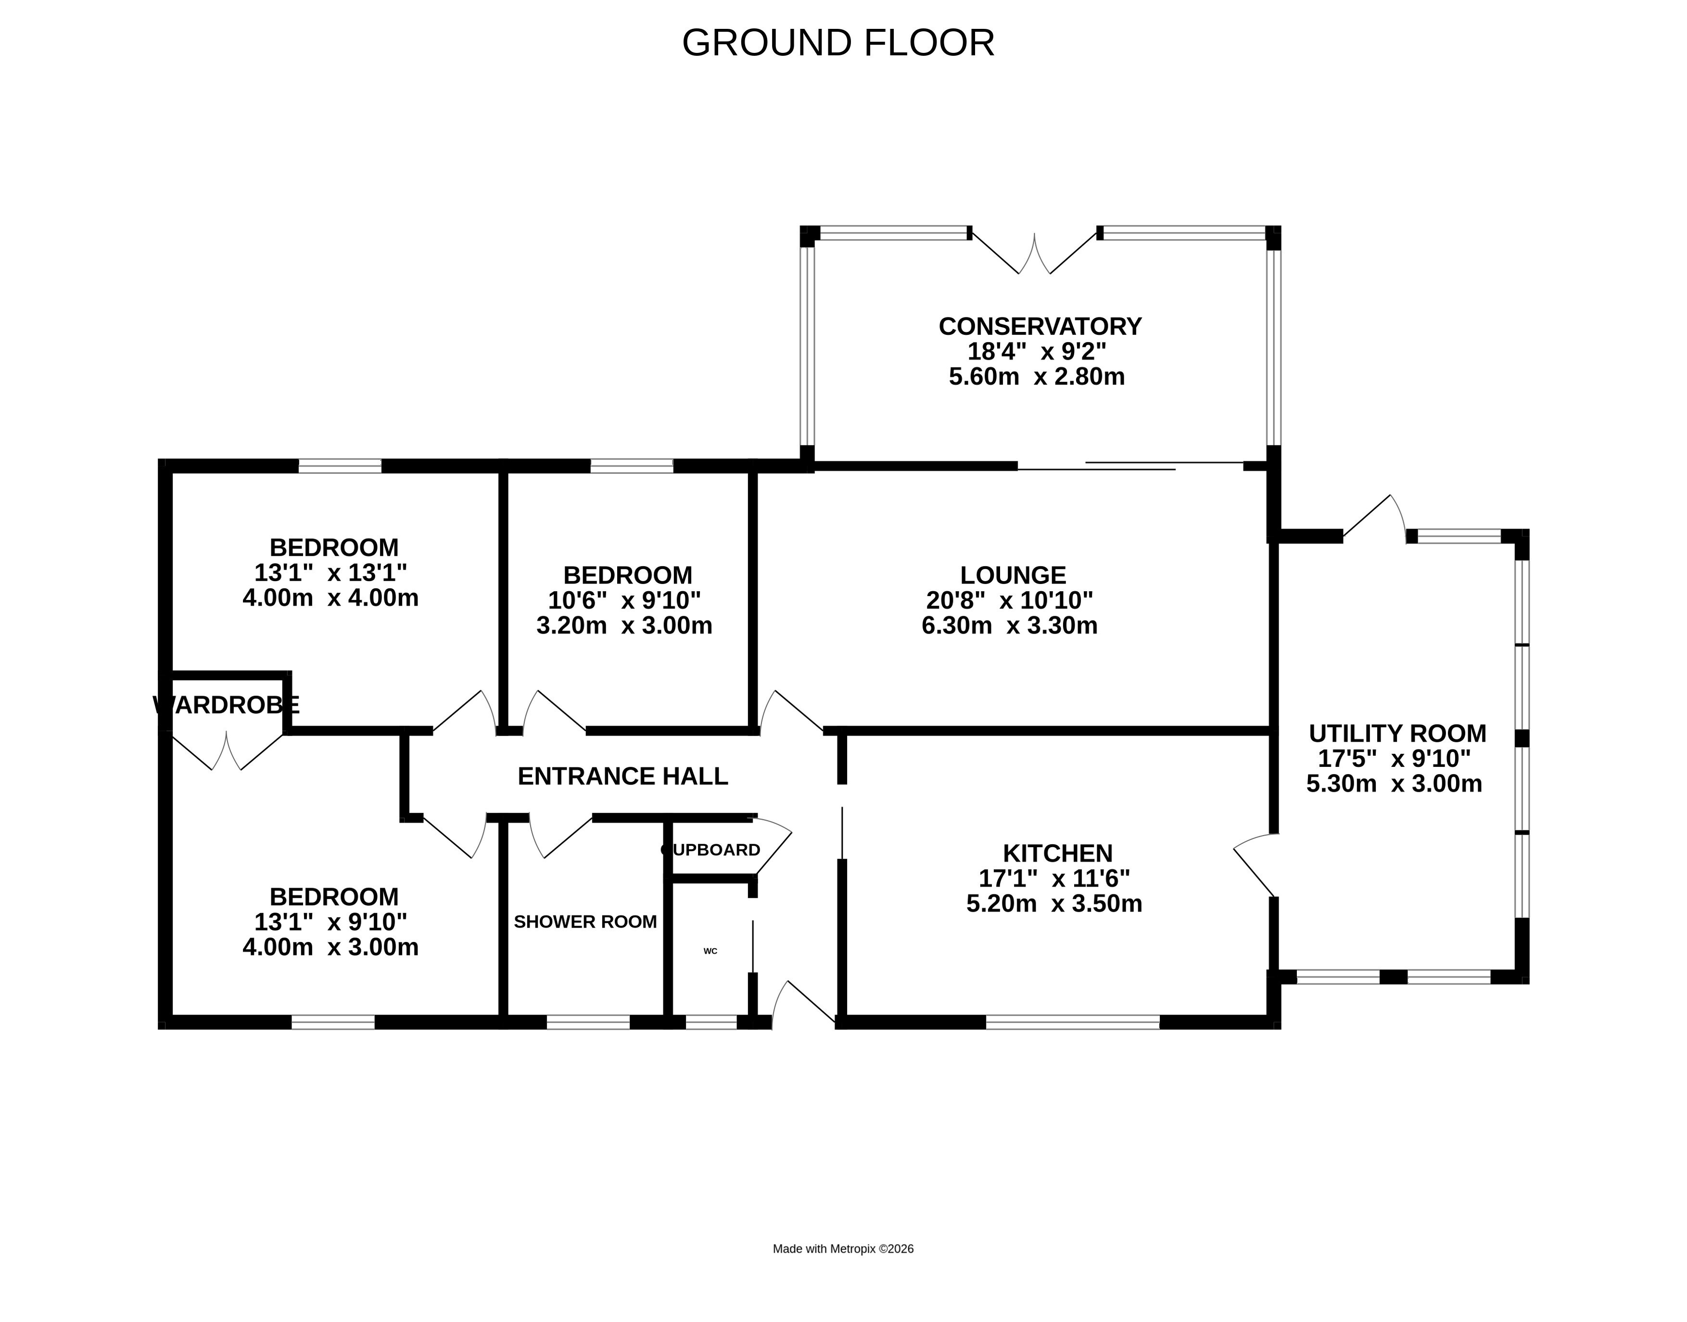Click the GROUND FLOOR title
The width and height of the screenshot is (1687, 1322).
[x=838, y=43]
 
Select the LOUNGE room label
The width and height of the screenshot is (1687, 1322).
[x=1013, y=575]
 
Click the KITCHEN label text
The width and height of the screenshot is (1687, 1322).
[x=1058, y=853]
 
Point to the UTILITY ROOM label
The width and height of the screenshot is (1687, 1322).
[x=1397, y=733]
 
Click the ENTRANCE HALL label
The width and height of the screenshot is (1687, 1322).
[x=623, y=776]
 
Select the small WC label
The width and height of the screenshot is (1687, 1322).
[x=710, y=951]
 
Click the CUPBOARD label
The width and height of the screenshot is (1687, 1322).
[x=710, y=850]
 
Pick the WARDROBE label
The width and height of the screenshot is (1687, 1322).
[x=226, y=705]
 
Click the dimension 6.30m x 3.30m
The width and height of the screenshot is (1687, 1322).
[x=1009, y=625]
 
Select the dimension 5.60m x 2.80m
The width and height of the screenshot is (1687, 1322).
[x=1037, y=377]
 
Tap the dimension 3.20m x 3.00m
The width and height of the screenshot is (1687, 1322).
[x=624, y=625]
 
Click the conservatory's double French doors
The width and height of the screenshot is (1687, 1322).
[x=1034, y=253]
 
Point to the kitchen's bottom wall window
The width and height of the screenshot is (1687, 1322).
[x=1073, y=1022]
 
